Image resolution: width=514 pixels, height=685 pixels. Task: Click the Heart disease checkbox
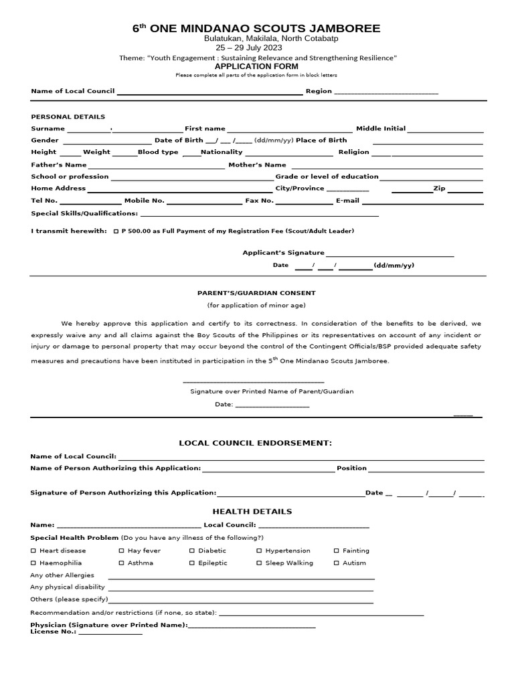[x=33, y=551]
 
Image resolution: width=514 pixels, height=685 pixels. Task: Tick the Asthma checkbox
[x=121, y=563]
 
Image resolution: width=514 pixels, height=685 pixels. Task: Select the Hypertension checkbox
[x=259, y=551]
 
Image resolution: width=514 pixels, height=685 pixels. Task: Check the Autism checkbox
[x=336, y=563]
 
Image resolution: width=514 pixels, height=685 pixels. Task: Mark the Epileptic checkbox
[x=191, y=563]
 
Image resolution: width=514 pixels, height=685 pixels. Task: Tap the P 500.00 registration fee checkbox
[x=117, y=231]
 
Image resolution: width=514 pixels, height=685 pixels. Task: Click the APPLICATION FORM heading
[x=256, y=67]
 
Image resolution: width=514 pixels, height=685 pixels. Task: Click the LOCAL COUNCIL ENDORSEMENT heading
[x=255, y=443]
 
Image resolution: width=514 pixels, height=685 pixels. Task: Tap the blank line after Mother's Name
[x=386, y=165]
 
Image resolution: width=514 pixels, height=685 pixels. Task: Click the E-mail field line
[x=422, y=201]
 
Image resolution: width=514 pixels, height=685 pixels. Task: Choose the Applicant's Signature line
[x=390, y=254]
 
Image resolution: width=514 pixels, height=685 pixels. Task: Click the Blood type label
[x=158, y=153]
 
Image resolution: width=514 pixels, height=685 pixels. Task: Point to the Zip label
[x=439, y=189]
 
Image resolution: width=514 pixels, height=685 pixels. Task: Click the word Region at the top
[x=319, y=91]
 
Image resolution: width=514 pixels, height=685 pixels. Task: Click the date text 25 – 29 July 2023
[x=248, y=49]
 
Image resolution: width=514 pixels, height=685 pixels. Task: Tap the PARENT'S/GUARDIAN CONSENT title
[x=256, y=293]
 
